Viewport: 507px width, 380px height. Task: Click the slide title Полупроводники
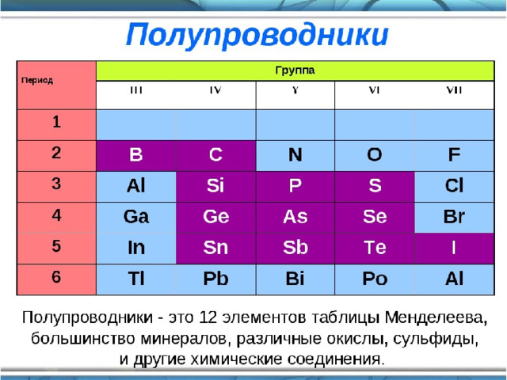[257, 36]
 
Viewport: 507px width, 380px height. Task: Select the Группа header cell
[295, 70]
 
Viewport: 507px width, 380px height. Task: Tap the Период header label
[37, 81]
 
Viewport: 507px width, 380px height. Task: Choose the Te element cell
[375, 249]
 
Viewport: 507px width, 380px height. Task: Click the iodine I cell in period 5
[454, 249]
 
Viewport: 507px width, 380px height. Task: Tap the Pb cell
[215, 279]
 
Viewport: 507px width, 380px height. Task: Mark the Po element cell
[375, 279]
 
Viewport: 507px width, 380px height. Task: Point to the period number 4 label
[56, 215]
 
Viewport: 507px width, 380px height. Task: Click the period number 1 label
[56, 122]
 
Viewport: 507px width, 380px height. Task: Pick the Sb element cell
[295, 249]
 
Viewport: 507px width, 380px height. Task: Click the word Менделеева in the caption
[436, 319]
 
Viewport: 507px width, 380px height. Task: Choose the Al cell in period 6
[454, 279]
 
